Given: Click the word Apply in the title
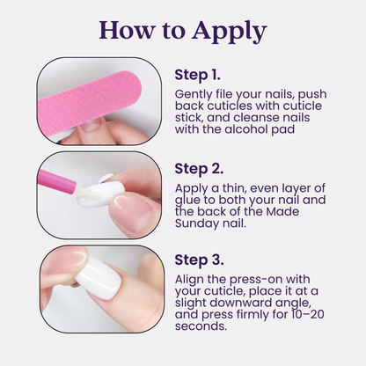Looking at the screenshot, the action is coord(230,32).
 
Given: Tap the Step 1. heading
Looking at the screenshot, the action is coord(197,75).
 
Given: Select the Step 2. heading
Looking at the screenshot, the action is coord(199,169).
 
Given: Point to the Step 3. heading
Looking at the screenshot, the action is coord(199,260).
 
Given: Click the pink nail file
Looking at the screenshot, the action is coord(90,105).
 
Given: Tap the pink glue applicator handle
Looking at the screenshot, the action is coord(57,179).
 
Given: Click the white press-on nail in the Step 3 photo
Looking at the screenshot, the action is coord(99,277).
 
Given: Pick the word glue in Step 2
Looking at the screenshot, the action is coord(186,201).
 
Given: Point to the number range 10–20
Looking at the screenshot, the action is coord(308,315).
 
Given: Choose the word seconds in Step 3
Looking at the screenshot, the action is coord(201,326).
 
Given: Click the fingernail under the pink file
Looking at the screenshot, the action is coord(91,126).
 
